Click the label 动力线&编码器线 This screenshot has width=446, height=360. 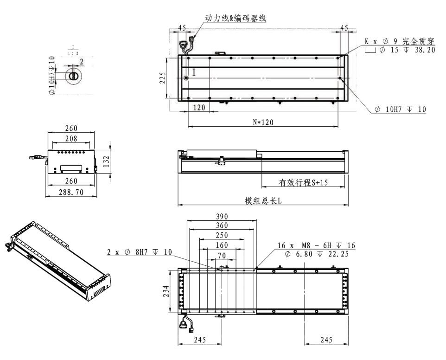(x=236, y=19)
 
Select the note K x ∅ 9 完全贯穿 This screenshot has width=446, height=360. (x=399, y=41)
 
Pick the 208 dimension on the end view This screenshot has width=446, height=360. (x=71, y=138)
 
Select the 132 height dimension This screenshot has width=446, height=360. (x=107, y=161)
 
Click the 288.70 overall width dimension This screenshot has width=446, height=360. (x=71, y=192)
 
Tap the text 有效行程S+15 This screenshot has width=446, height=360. (x=303, y=183)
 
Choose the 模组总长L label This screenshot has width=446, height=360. (x=263, y=200)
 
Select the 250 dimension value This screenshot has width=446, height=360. (x=221, y=235)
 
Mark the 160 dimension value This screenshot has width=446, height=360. (x=221, y=245)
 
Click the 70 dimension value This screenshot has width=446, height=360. (x=221, y=255)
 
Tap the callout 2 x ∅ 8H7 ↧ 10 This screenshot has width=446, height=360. (x=139, y=252)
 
